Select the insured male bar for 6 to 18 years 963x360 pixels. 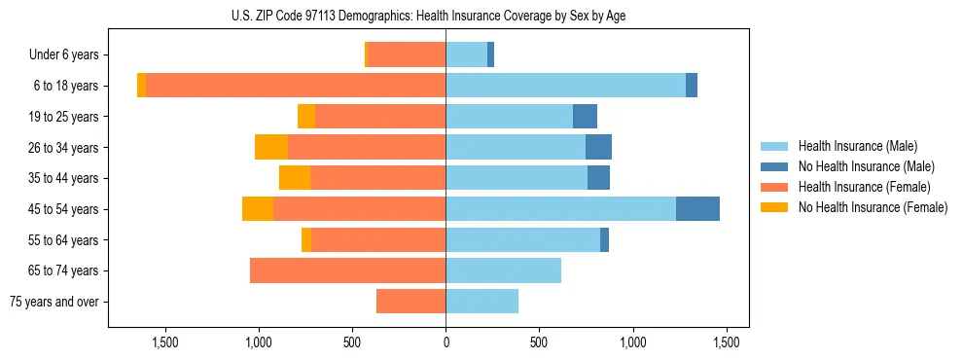pyautogui.click(x=565, y=86)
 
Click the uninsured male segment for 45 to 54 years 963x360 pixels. pyautogui.click(x=697, y=209)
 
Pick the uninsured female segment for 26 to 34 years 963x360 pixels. pyautogui.click(x=271, y=147)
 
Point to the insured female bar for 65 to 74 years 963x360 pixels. pyautogui.click(x=347, y=270)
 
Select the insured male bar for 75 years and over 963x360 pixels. pyautogui.click(x=481, y=302)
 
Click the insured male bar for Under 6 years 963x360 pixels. pyautogui.click(x=466, y=55)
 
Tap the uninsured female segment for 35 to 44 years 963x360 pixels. pyautogui.click(x=295, y=178)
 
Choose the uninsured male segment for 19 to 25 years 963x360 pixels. pyautogui.click(x=585, y=117)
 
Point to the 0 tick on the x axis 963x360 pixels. pyautogui.click(x=446, y=342)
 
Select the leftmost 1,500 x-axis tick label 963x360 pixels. pyautogui.click(x=165, y=342)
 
